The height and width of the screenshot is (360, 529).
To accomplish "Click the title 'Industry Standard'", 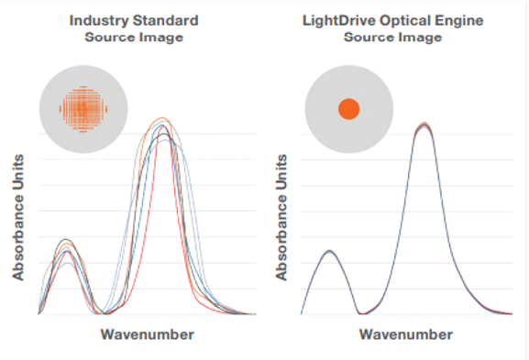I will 133,20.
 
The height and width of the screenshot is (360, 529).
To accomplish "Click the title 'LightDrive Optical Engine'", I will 391,20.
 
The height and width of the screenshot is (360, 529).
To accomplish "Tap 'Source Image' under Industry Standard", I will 133,37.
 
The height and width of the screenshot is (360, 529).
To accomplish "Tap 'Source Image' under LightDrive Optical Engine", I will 391,37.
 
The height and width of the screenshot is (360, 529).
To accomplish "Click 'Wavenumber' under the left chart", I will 147,334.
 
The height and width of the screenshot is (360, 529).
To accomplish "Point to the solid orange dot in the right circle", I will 349,109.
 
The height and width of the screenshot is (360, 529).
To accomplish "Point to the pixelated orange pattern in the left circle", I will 83,109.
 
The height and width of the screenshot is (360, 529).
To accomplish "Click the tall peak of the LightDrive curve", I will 423,125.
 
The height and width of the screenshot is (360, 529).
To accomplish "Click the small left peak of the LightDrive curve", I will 329,250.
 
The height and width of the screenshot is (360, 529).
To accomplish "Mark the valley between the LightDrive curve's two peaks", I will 359,312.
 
